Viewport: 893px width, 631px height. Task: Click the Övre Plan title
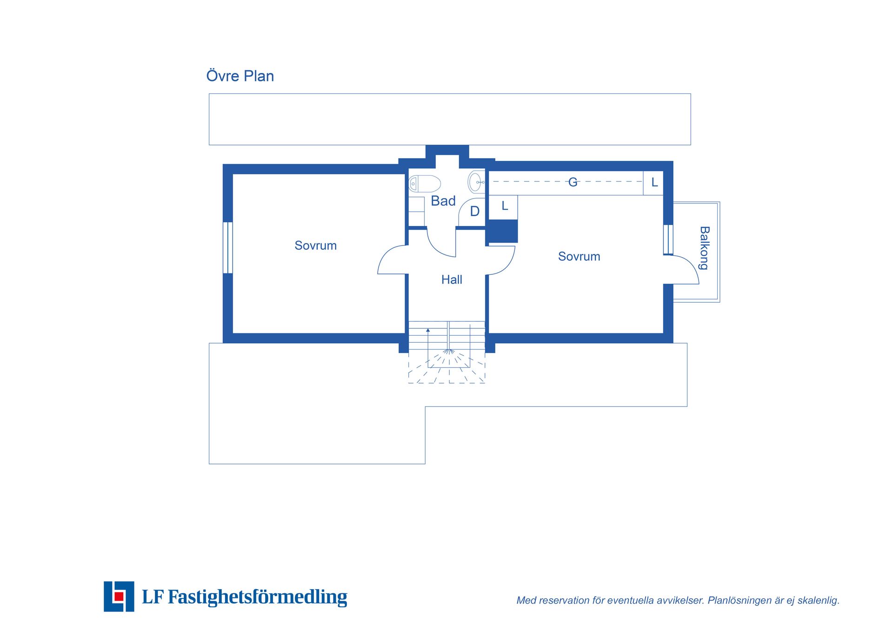240,76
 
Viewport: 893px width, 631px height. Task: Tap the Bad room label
443,201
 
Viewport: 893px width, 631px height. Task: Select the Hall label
452,279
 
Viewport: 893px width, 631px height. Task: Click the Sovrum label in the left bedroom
315,246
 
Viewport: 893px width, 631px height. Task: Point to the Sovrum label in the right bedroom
579,256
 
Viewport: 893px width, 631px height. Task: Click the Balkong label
704,248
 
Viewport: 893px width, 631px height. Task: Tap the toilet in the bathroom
424,184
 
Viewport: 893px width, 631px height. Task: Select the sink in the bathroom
476,182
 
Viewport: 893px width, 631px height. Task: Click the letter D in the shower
474,212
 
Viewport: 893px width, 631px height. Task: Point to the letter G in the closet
573,182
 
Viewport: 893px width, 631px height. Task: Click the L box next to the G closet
653,183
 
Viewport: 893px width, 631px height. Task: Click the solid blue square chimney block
502,231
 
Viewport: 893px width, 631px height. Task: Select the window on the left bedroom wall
228,248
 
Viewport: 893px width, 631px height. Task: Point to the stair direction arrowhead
428,330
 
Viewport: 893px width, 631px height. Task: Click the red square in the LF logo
119,597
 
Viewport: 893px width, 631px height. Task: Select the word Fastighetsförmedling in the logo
257,597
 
